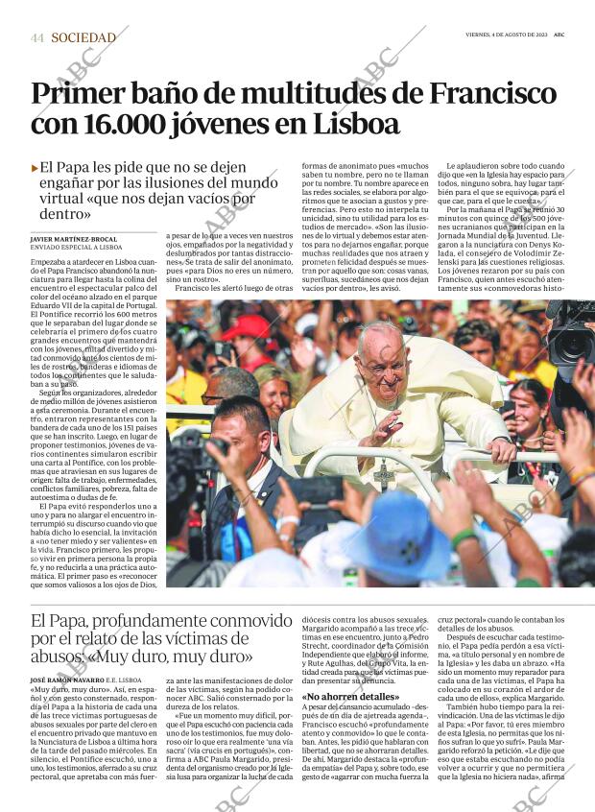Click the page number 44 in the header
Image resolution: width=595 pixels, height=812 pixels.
pyautogui.click(x=37, y=38)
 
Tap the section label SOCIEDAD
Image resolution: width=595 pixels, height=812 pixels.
pyautogui.click(x=83, y=38)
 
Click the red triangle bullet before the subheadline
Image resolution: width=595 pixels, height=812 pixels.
pyautogui.click(x=36, y=168)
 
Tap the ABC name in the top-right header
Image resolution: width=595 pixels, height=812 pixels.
pyautogui.click(x=559, y=34)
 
